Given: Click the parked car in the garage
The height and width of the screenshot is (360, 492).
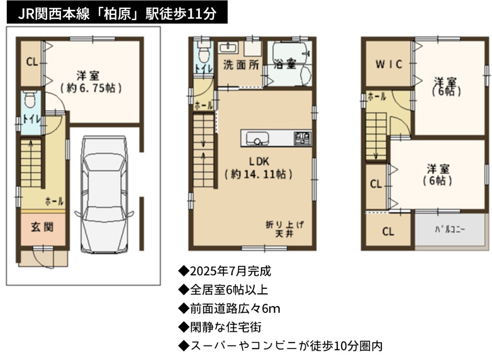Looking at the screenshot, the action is click(x=104, y=195).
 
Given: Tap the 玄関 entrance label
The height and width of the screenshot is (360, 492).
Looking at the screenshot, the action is click(x=42, y=227).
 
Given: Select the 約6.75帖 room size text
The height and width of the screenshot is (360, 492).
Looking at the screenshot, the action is click(x=91, y=88).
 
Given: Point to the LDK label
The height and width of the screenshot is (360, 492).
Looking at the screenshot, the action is click(x=259, y=161).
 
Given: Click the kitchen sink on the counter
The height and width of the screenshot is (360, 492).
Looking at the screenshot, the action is click(x=258, y=138).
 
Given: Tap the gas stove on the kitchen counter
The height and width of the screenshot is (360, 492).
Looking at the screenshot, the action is click(x=302, y=138).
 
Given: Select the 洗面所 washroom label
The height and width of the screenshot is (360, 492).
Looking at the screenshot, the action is click(x=241, y=65).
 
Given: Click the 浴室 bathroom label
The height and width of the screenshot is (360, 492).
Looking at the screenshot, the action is click(x=285, y=64).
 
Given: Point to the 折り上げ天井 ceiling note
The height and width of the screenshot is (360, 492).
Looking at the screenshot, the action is click(x=284, y=229).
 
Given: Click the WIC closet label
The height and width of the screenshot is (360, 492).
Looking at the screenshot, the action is click(x=389, y=64).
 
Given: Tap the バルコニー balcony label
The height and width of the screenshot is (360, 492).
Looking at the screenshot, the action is click(x=450, y=229).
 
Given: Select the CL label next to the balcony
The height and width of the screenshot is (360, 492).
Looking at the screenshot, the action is click(x=388, y=232).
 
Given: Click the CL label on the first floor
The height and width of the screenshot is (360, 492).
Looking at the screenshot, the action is click(x=32, y=62).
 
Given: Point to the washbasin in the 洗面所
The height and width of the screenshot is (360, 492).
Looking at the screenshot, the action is click(x=227, y=48).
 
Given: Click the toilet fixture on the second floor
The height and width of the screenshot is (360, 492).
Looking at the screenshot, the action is click(x=204, y=52).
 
